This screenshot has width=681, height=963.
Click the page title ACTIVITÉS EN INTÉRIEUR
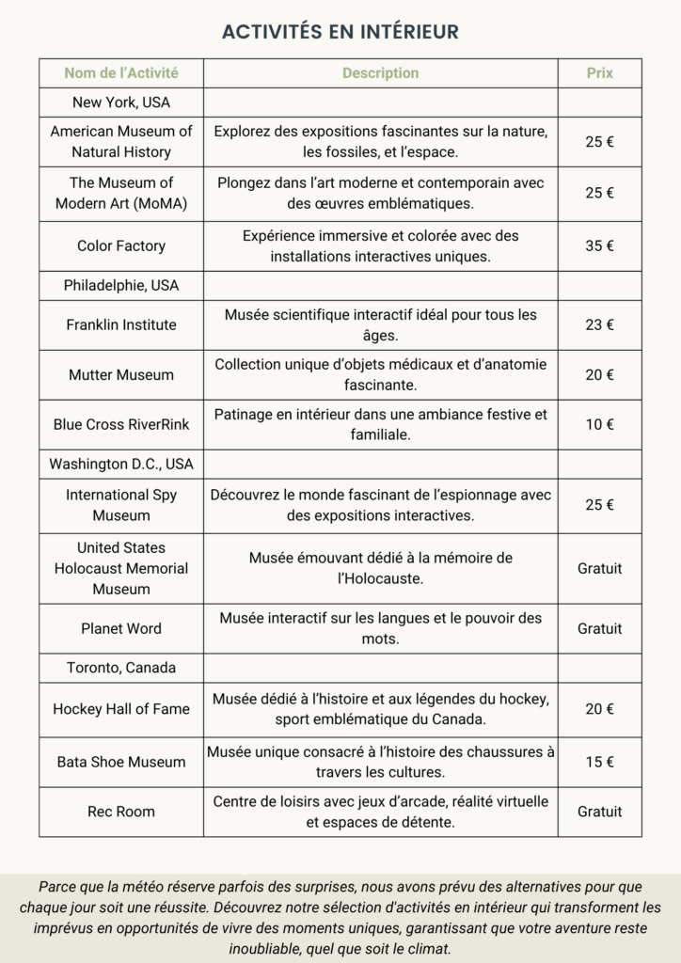point(340,32)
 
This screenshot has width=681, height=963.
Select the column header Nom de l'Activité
point(120,72)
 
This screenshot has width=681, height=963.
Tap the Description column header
point(380,72)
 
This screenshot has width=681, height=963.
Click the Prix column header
point(599,72)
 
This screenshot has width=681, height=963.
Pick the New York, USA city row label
point(120,102)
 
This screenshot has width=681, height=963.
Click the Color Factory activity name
point(120,245)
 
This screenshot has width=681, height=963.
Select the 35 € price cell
point(599,245)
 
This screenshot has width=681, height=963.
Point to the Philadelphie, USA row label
point(120,285)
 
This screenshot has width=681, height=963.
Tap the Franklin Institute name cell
point(120,324)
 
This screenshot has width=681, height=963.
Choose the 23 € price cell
point(599,324)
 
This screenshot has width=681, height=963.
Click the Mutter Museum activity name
point(120,374)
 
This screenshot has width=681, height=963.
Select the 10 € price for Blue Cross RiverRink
point(599,424)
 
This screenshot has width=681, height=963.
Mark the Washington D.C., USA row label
point(120,464)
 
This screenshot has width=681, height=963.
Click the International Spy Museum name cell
point(120,505)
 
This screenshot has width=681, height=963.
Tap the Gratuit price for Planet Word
point(599,628)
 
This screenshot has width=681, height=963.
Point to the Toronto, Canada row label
point(120,668)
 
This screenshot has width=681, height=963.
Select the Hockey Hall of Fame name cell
point(120,709)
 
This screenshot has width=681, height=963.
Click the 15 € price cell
point(599,762)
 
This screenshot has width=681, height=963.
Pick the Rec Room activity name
point(120,812)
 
